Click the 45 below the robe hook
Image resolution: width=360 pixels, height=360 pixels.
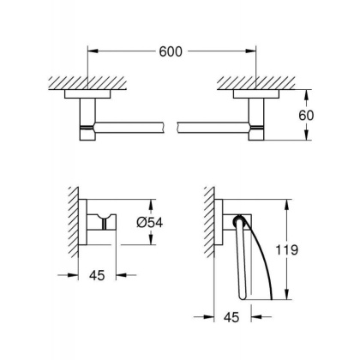click(x=100, y=276)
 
